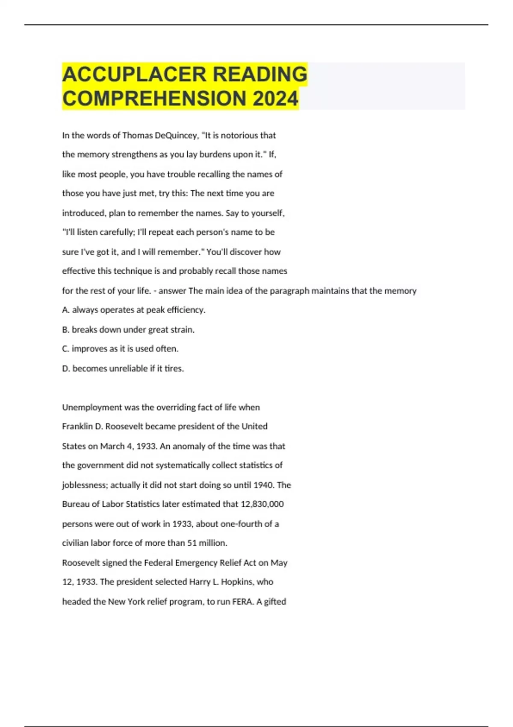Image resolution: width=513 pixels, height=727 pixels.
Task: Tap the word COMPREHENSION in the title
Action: (154, 98)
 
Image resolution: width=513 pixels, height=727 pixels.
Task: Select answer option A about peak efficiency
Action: (134, 310)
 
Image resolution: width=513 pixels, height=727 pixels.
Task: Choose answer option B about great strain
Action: (128, 330)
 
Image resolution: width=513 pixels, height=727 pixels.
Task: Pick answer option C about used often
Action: (120, 349)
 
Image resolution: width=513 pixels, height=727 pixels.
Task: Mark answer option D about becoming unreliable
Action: (123, 369)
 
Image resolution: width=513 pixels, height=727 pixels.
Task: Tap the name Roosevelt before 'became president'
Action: (124, 426)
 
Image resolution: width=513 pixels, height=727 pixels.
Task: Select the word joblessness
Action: (84, 485)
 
